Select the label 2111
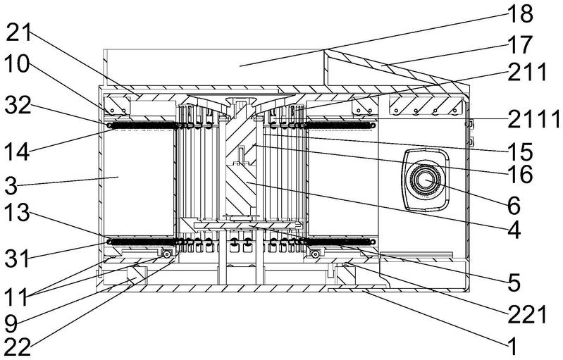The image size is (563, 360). (x=532, y=120)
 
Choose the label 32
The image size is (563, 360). (x=22, y=106)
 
